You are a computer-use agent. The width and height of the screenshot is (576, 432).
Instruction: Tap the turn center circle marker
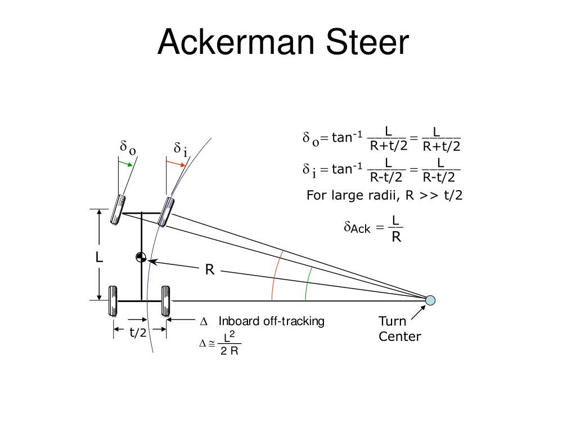[430, 300]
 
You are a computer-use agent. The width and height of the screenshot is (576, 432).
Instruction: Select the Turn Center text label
[399, 329]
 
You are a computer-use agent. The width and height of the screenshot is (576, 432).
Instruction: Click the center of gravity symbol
[141, 258]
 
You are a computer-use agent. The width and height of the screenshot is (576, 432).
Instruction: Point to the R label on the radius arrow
[209, 271]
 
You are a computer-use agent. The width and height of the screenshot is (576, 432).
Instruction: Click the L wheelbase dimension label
[99, 258]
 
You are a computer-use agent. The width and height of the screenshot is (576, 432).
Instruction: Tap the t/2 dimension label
[138, 332]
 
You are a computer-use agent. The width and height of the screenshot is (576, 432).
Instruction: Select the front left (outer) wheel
[119, 210]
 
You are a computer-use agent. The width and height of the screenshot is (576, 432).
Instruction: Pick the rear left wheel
[113, 301]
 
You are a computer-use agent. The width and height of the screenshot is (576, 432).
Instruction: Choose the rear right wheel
[166, 301]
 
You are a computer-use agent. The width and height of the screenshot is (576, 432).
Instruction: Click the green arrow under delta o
[125, 163]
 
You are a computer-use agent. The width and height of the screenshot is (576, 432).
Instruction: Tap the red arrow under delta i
[175, 163]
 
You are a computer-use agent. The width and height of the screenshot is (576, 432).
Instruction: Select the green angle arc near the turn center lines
[308, 284]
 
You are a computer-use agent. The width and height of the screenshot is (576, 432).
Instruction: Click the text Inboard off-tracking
[271, 321]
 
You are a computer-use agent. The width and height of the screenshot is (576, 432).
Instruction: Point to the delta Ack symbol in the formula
[357, 228]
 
